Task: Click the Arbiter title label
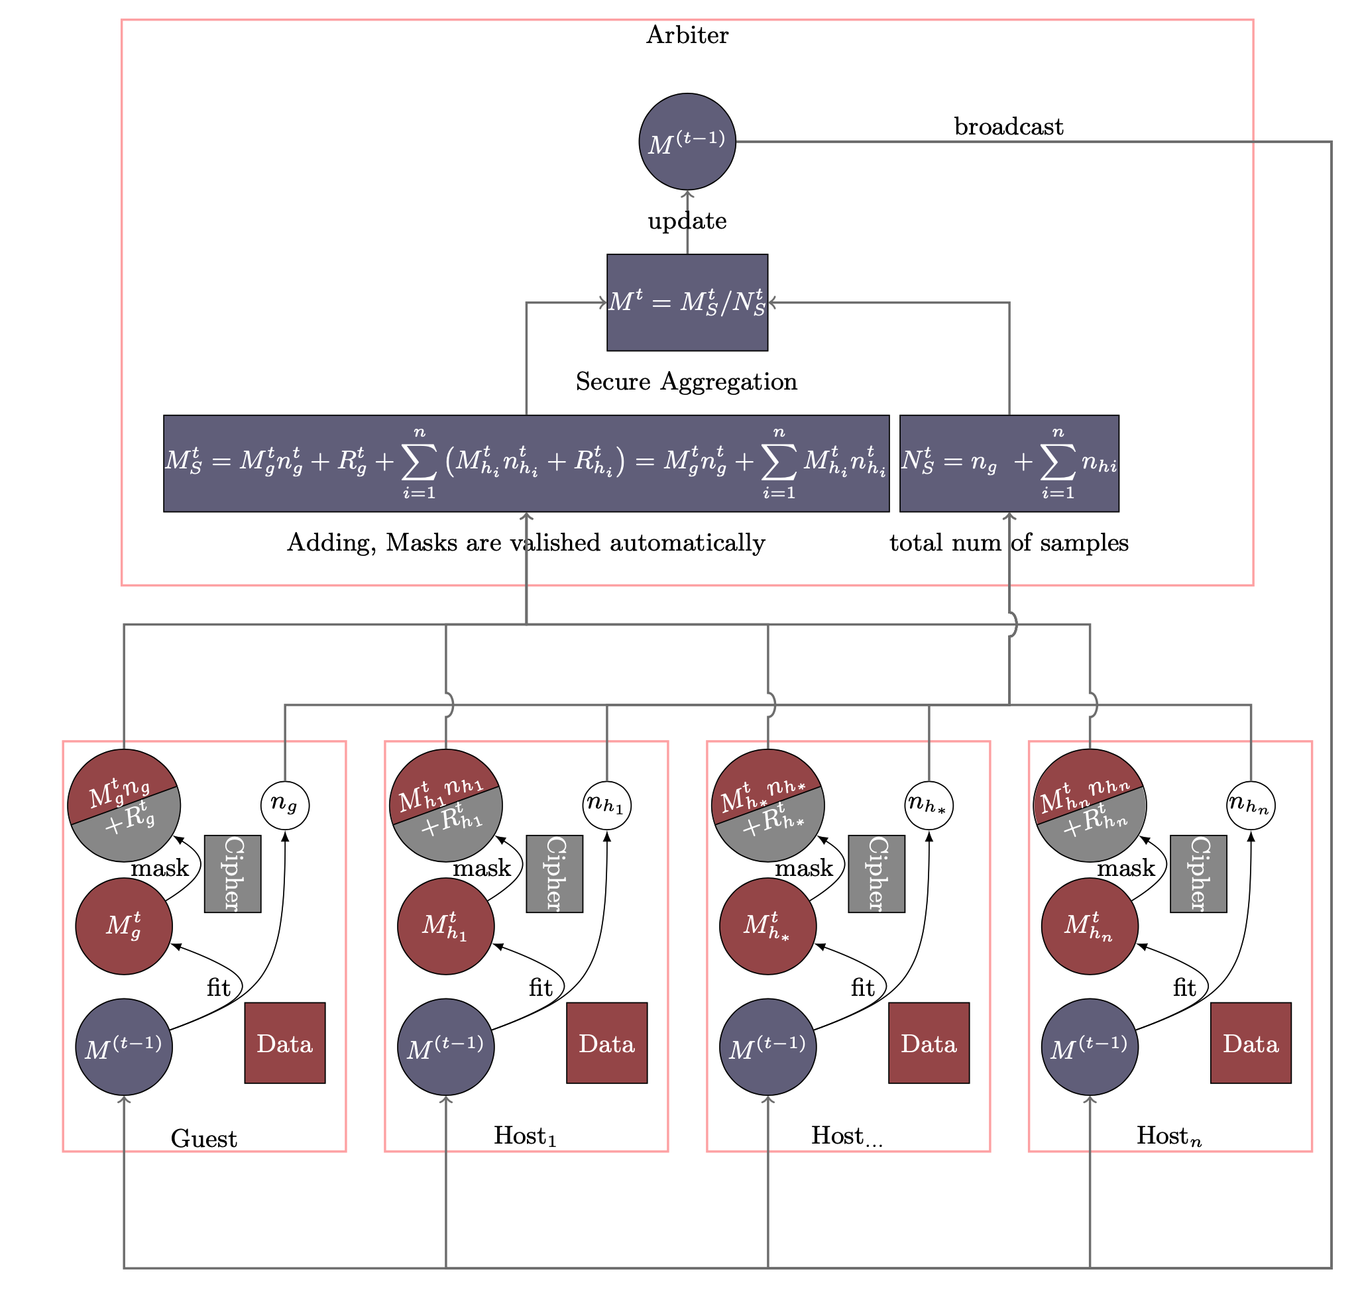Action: pyautogui.click(x=687, y=34)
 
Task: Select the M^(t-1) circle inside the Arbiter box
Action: pyautogui.click(x=687, y=141)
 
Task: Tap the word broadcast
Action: pyautogui.click(x=1009, y=127)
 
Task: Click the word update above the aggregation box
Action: pyautogui.click(x=687, y=221)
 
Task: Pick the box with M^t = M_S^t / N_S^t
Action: pyautogui.click(x=687, y=302)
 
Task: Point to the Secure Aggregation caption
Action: pyautogui.click(x=686, y=382)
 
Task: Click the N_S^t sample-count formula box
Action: pyautogui.click(x=1009, y=464)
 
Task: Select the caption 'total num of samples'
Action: pyautogui.click(x=1009, y=543)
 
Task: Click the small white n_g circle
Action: pyautogui.click(x=285, y=805)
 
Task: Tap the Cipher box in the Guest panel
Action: pyautogui.click(x=233, y=874)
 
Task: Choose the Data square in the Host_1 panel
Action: pyautogui.click(x=606, y=1043)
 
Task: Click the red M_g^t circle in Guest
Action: pyautogui.click(x=124, y=926)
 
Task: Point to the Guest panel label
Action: pyautogui.click(x=203, y=1138)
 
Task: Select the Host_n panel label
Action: pyautogui.click(x=1168, y=1136)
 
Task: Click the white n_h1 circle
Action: pyautogui.click(x=606, y=805)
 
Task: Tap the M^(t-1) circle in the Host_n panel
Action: pyautogui.click(x=1090, y=1047)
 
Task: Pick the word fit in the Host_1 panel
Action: pyautogui.click(x=541, y=987)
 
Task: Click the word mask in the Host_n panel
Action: pyautogui.click(x=1125, y=868)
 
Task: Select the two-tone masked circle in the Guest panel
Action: pyautogui.click(x=124, y=805)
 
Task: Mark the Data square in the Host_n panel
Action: pyautogui.click(x=1251, y=1043)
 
